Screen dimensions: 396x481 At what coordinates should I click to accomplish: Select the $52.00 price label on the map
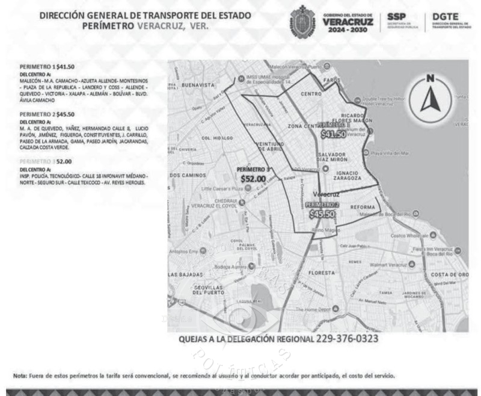(253, 179)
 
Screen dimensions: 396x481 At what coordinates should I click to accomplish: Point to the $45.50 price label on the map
(322, 213)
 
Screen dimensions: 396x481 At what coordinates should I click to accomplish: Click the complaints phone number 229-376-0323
(347, 339)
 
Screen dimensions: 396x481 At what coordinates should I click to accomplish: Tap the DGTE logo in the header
(448, 21)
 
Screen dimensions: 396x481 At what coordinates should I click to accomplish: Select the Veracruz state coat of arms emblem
(302, 21)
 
